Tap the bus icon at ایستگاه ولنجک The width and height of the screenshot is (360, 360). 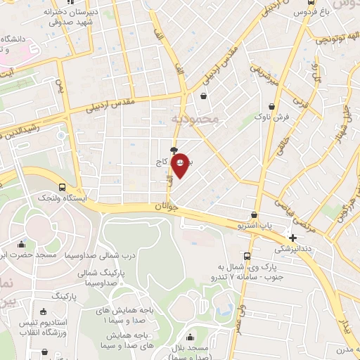[63, 188]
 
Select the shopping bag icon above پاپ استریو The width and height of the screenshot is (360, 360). [254, 215]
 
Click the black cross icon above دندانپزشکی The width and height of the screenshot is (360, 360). [293, 238]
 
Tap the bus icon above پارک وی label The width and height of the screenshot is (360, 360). [247, 256]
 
